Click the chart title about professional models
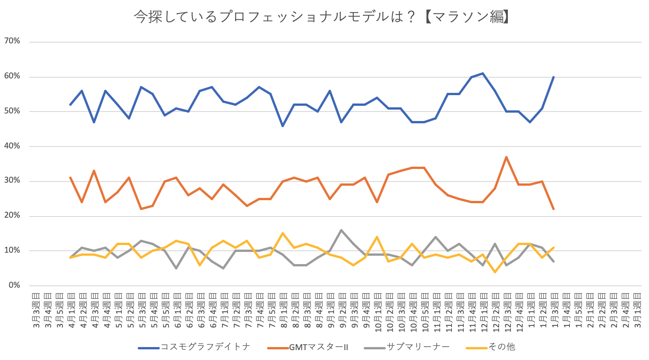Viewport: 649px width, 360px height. [321, 17]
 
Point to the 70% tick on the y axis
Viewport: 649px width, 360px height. [12, 41]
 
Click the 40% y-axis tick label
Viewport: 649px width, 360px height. [12, 146]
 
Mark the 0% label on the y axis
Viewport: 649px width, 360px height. [14, 285]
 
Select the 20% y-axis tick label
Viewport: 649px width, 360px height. [12, 215]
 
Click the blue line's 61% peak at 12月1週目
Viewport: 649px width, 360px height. [483, 73]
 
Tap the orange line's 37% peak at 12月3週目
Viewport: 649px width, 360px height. [506, 157]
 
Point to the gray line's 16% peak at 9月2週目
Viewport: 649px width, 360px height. [341, 230]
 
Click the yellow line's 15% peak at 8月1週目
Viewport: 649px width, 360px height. [283, 233]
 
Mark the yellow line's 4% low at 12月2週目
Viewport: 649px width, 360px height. [495, 272]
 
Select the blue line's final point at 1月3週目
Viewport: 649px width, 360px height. [554, 77]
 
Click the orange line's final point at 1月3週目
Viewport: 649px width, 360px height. [554, 209]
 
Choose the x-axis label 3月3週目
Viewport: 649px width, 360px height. [36, 310]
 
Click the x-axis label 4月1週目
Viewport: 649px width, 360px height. [71, 310]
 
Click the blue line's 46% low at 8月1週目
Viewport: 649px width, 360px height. [283, 126]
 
